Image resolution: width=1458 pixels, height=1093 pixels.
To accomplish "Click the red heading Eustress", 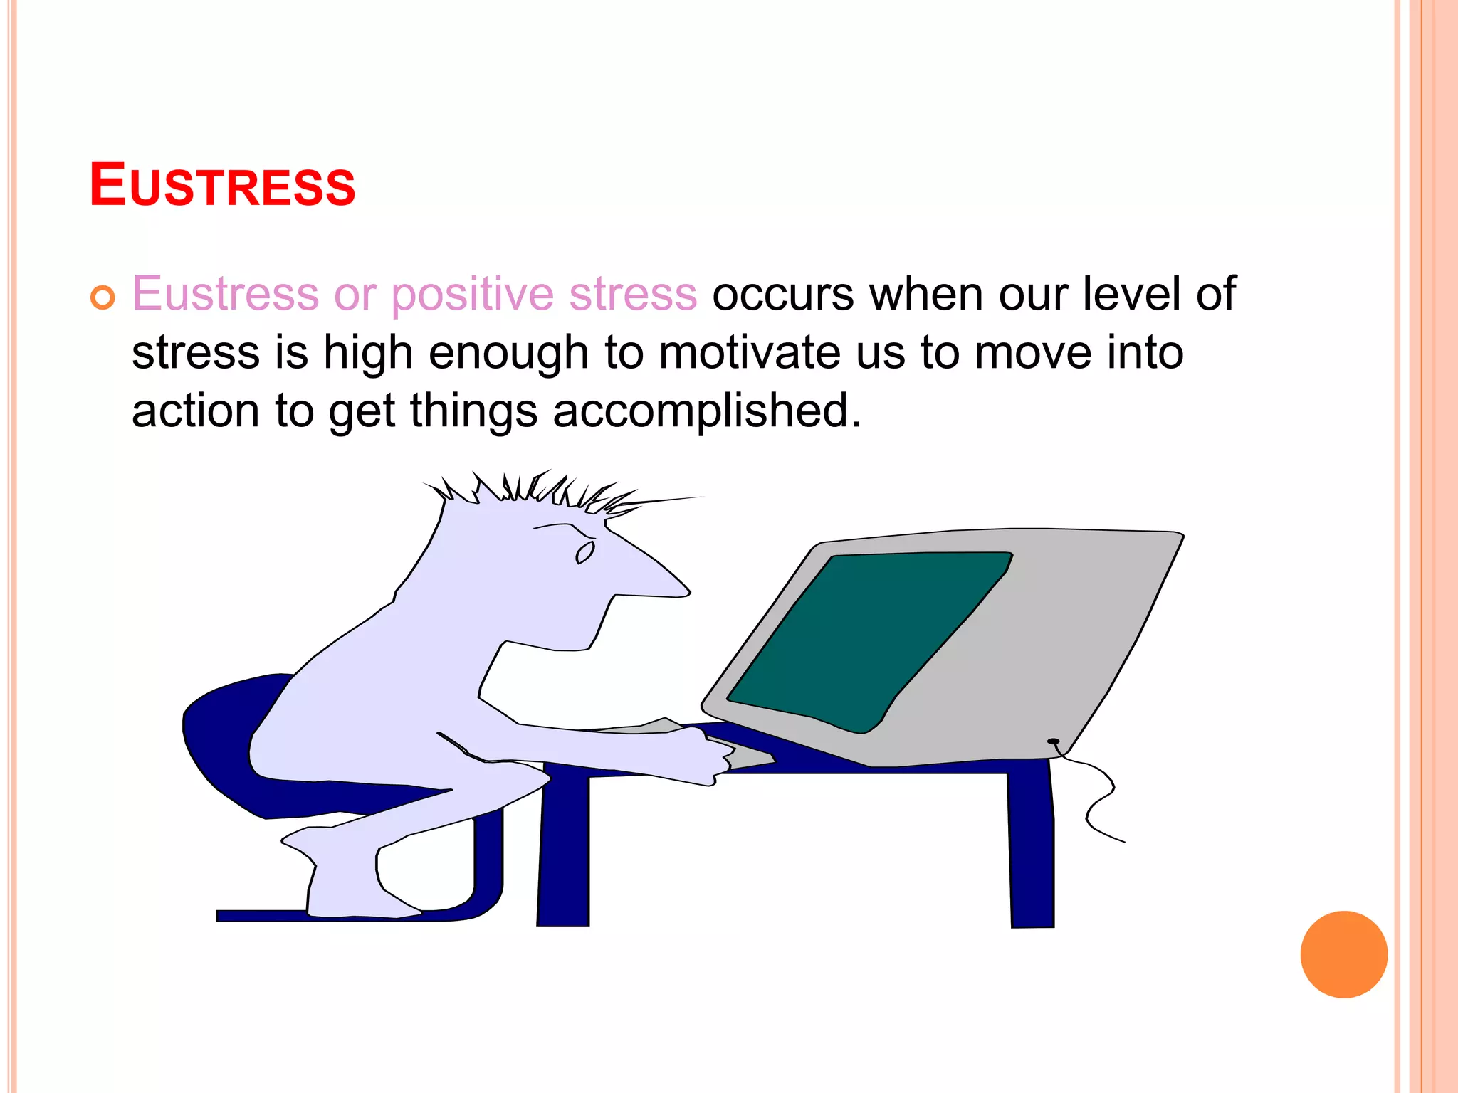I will click(222, 186).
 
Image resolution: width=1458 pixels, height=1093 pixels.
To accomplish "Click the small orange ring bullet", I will click(103, 297).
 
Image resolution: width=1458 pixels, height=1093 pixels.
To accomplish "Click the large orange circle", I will click(1343, 954).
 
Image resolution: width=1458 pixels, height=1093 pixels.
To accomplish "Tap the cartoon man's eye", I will click(585, 553).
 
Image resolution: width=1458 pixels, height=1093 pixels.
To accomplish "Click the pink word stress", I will click(633, 294).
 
